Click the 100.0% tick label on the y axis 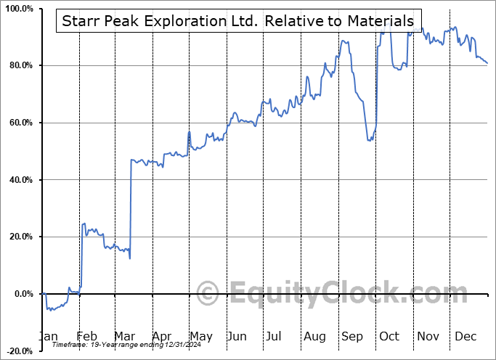pyautogui.click(x=17, y=9)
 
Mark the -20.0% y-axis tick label pyautogui.click(x=17, y=351)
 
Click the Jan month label pyautogui.click(x=47, y=336)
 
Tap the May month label pyautogui.click(x=200, y=336)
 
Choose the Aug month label pyautogui.click(x=315, y=336)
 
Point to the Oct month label pyautogui.click(x=390, y=336)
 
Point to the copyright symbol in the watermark pyautogui.click(x=208, y=294)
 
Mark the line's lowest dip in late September pyautogui.click(x=370, y=140)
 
